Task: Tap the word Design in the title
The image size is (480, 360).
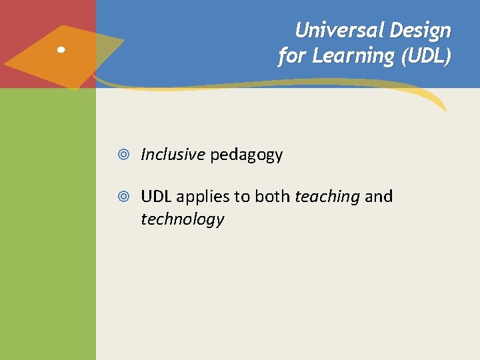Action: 421,30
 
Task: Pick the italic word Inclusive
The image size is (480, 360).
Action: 173,155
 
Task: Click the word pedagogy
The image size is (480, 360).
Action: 247,155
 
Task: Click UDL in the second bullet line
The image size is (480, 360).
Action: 156,197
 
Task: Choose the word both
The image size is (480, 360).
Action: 273,197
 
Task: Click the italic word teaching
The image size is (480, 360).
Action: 327,197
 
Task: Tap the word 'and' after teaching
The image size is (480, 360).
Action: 379,197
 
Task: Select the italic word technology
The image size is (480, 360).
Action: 182,219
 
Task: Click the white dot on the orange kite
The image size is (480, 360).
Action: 61,50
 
